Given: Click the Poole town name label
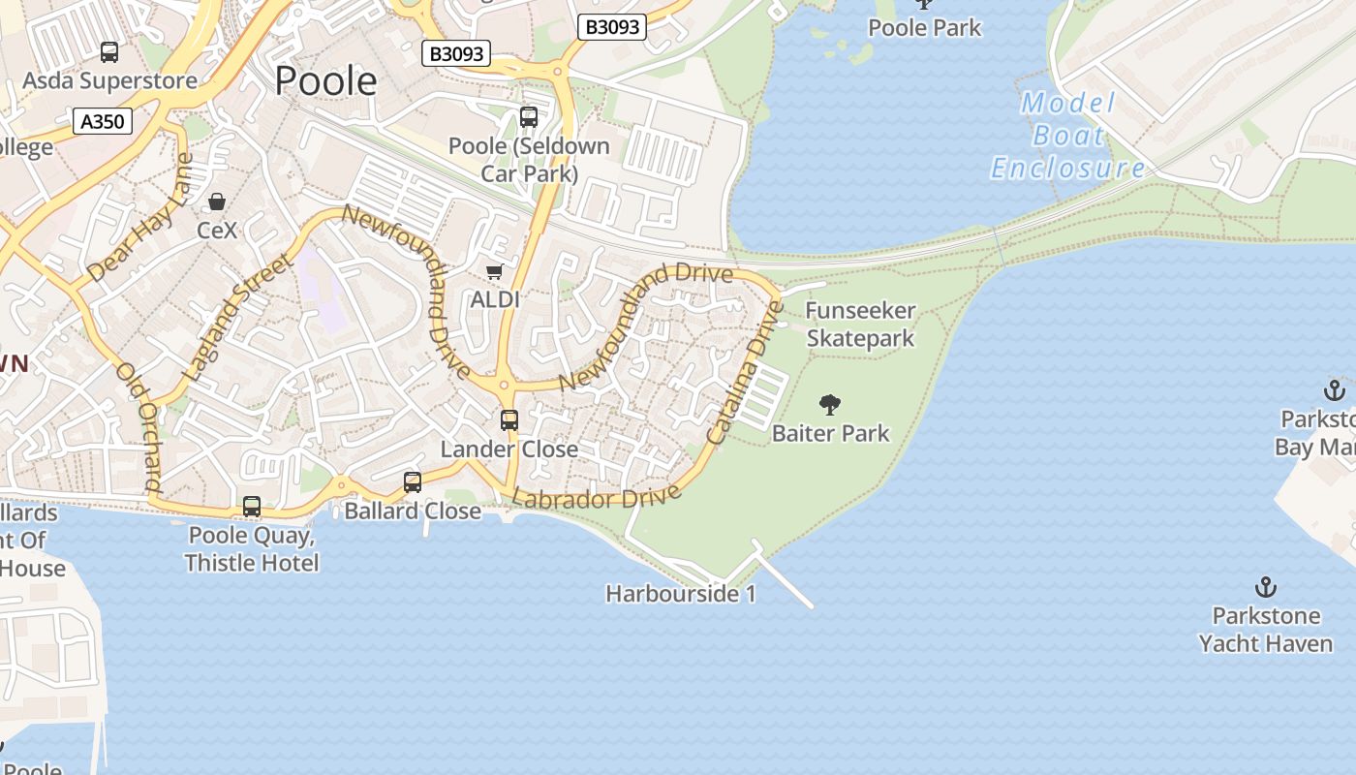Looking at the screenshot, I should pyautogui.click(x=325, y=80).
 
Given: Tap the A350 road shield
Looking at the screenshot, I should pyautogui.click(x=102, y=121).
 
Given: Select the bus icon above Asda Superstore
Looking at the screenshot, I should pyautogui.click(x=109, y=52).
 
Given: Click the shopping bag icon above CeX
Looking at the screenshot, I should pyautogui.click(x=217, y=201).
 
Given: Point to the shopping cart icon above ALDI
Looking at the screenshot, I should pyautogui.click(x=495, y=272).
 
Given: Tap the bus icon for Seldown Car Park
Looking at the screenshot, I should pyautogui.click(x=529, y=117).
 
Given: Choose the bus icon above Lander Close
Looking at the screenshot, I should pyautogui.click(x=509, y=420).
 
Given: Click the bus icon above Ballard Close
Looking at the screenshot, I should pyautogui.click(x=413, y=481).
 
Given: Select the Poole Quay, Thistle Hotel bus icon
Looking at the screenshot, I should pyautogui.click(x=252, y=506).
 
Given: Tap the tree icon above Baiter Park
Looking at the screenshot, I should pyautogui.click(x=830, y=404).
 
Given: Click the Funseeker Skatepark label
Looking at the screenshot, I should pyautogui.click(x=860, y=325).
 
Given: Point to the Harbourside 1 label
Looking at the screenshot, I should pyautogui.click(x=680, y=594).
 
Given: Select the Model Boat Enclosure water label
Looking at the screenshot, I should pyautogui.click(x=1068, y=136).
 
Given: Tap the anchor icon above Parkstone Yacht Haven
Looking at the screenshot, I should pyautogui.click(x=1266, y=587).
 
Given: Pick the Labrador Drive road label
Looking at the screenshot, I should pyautogui.click(x=597, y=496).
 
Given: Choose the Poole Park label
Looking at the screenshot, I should pyautogui.click(x=924, y=27).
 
